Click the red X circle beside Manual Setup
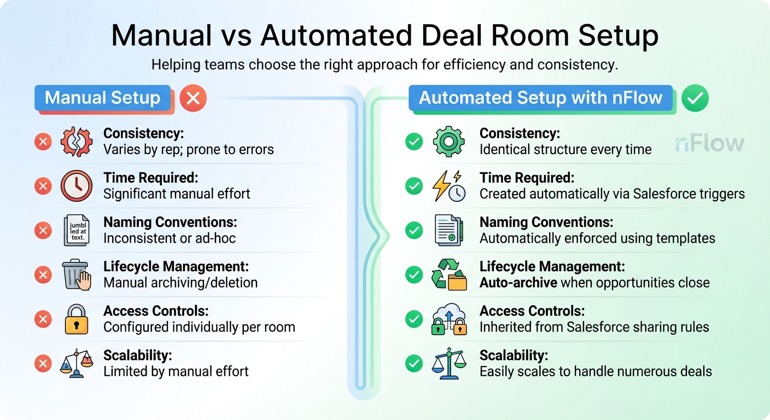(193, 98)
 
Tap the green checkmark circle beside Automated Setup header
(695, 98)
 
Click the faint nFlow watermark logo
(709, 143)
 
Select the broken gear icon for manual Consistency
(77, 142)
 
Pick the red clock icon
(77, 186)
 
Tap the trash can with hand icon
(77, 275)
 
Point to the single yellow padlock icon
(77, 319)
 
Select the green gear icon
(448, 142)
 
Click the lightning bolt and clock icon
(448, 186)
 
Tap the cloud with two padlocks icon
(448, 319)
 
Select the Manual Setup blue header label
(103, 98)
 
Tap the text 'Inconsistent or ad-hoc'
(170, 238)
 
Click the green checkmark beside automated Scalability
(414, 363)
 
